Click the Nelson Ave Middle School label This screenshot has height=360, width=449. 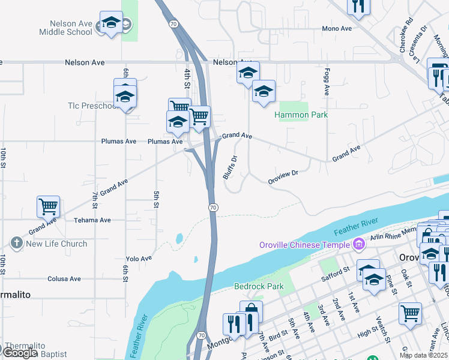pyautogui.click(x=66, y=28)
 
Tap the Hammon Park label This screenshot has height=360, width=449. pyautogui.click(x=301, y=115)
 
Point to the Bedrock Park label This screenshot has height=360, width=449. pyautogui.click(x=259, y=286)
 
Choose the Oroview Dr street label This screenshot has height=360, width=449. pyautogui.click(x=283, y=177)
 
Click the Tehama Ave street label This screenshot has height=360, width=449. pyautogui.click(x=92, y=220)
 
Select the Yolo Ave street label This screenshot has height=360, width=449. pyautogui.click(x=139, y=259)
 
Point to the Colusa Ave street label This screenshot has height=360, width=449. pyautogui.click(x=64, y=279)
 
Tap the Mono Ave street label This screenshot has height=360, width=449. pyautogui.click(x=337, y=29)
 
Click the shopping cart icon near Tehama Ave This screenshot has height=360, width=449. pyautogui.click(x=48, y=206)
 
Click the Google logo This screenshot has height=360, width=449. pyautogui.click(x=20, y=353)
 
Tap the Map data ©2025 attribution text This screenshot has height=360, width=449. pyautogui.click(x=423, y=355)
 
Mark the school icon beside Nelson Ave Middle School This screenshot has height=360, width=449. pyautogui.click(x=110, y=23)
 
